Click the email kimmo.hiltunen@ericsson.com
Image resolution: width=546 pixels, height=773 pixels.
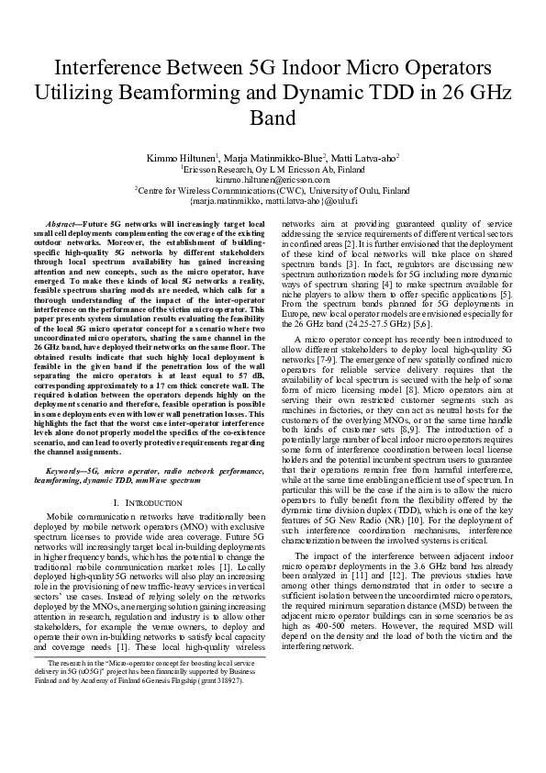[273, 180]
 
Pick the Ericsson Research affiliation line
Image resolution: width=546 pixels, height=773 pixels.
[273, 170]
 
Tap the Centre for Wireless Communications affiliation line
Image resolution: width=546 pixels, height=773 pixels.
[273, 190]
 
